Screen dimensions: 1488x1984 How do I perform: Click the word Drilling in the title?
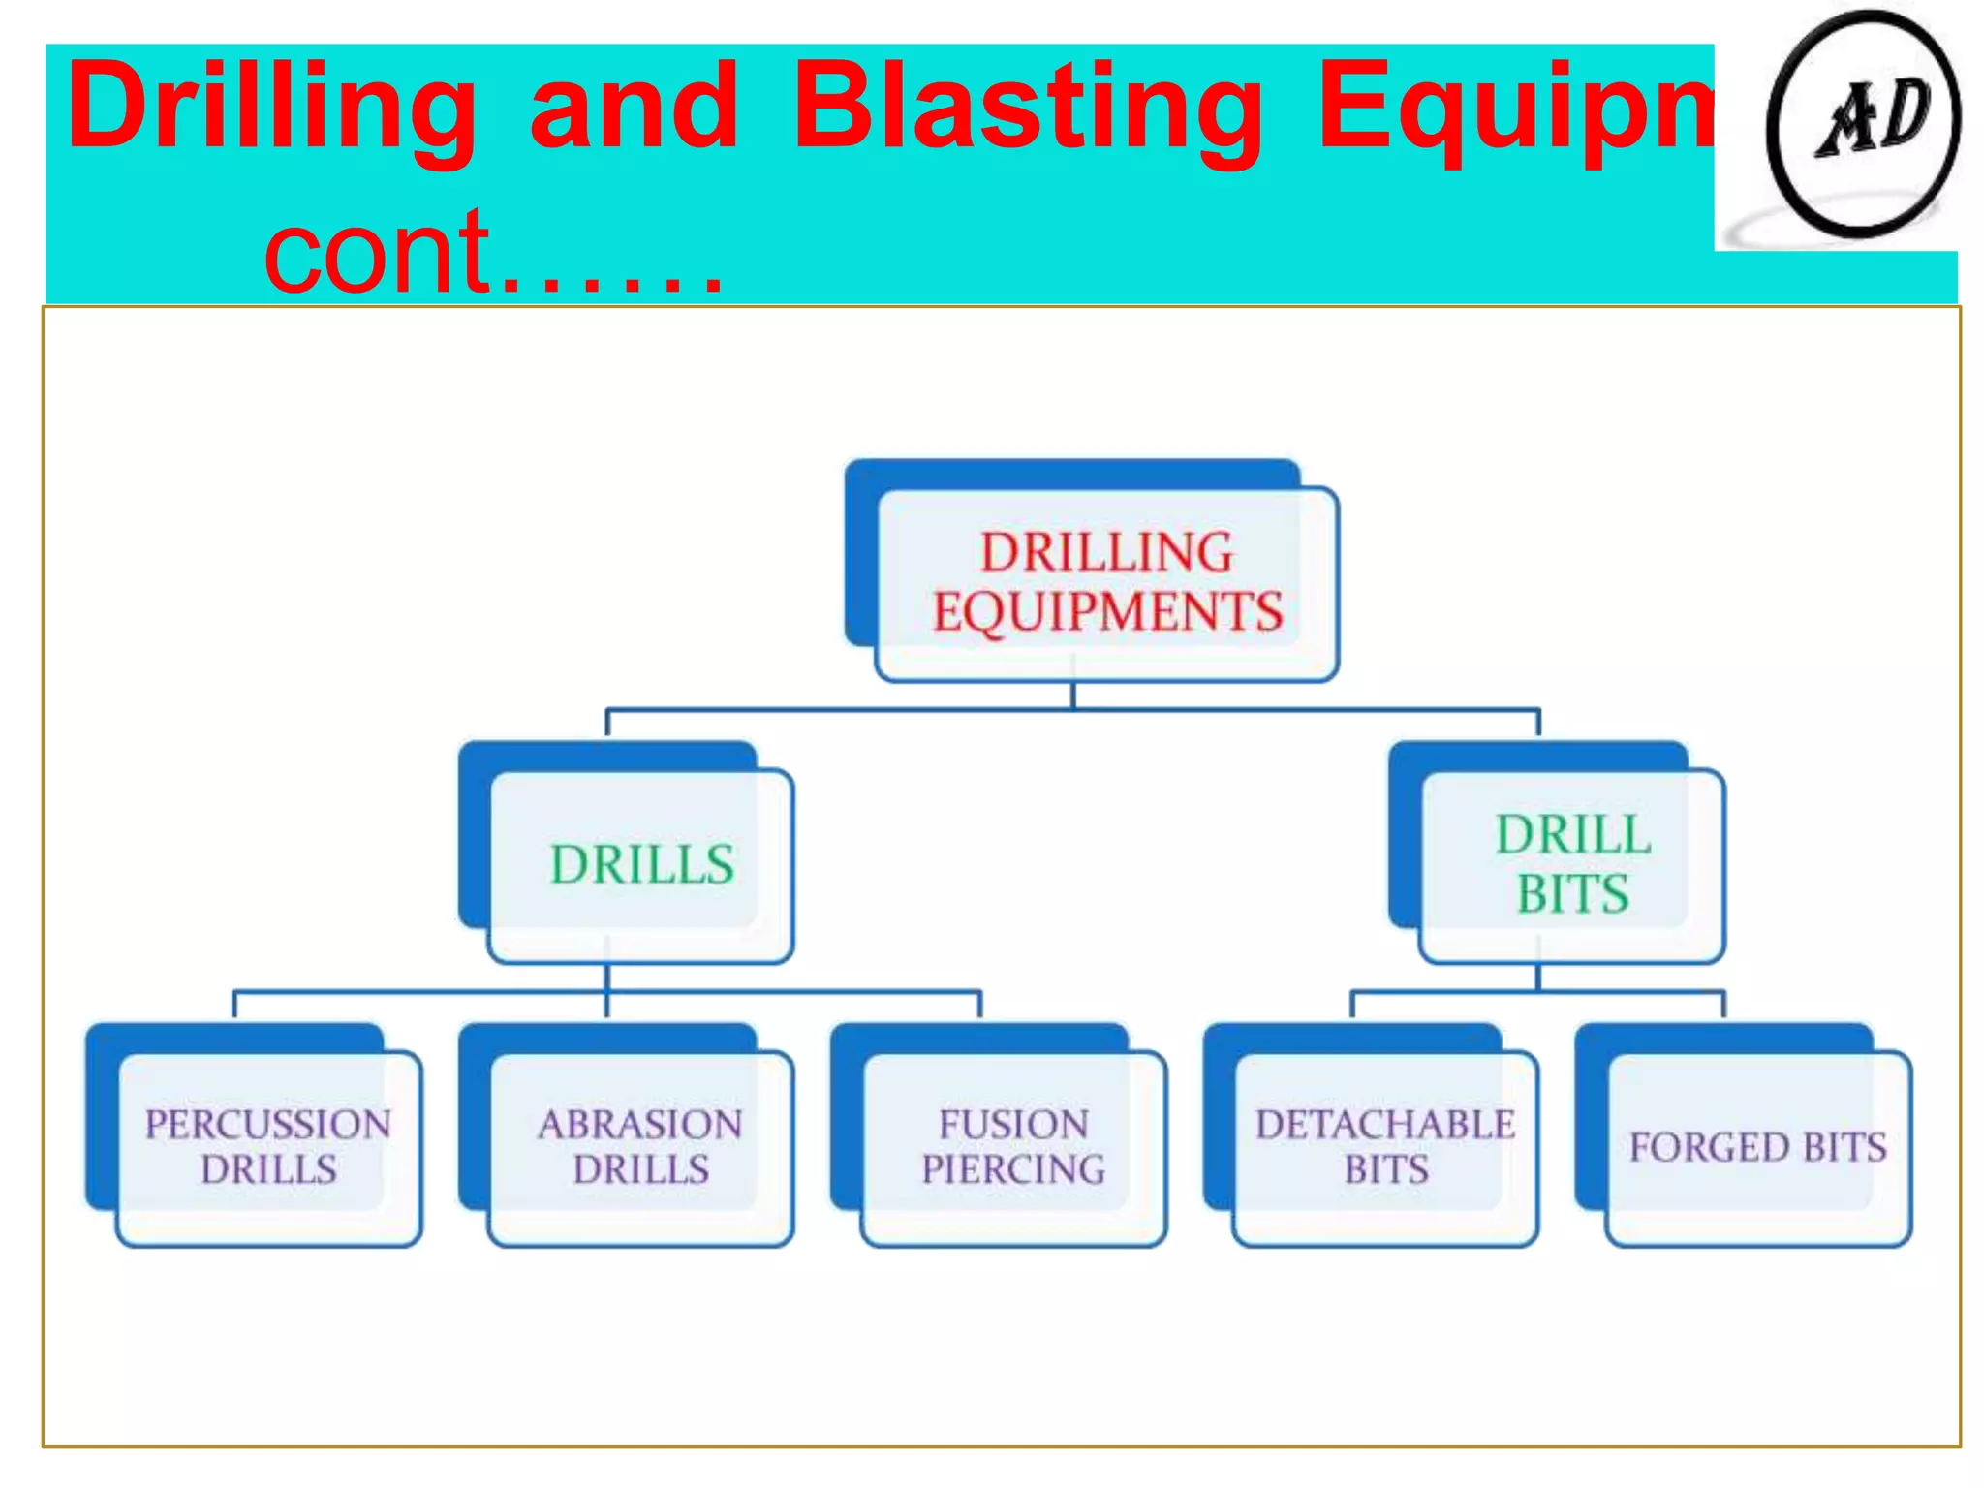tap(271, 108)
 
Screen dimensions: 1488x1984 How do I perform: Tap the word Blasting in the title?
tap(1028, 108)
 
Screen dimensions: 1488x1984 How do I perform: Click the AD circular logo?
tap(1863, 123)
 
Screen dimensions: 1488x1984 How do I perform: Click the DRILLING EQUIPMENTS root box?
tap(1105, 581)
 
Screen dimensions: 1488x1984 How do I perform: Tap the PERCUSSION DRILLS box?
tap(268, 1147)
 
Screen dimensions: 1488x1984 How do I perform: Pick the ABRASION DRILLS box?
tap(640, 1147)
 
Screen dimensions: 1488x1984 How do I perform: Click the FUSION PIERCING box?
tap(1012, 1147)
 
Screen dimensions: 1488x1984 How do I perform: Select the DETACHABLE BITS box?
tap(1385, 1147)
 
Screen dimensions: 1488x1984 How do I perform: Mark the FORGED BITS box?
tap(1757, 1147)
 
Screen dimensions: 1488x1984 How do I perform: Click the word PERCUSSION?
tap(268, 1125)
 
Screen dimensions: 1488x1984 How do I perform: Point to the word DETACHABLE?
tap(1385, 1125)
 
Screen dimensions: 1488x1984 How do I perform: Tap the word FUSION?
tap(1013, 1125)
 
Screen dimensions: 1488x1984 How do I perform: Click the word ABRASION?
tap(640, 1125)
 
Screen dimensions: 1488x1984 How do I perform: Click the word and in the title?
tap(635, 108)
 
